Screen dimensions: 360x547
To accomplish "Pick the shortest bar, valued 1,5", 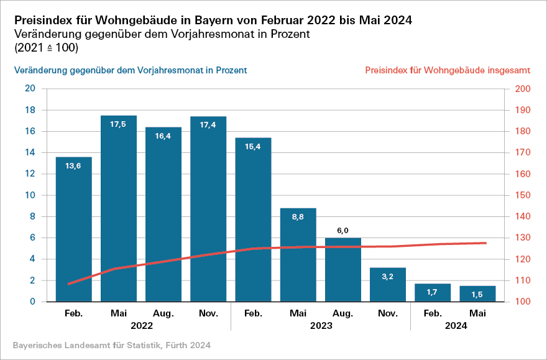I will (477, 294).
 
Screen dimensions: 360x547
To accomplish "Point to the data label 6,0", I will (342, 231).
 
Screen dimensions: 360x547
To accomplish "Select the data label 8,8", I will (298, 217).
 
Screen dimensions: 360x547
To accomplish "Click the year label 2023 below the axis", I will (320, 325).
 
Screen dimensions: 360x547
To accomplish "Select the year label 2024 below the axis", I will (456, 325).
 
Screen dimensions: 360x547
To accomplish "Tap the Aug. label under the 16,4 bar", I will (163, 313).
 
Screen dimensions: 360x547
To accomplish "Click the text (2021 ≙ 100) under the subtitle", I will (46, 47).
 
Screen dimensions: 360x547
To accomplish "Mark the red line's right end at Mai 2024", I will (485, 242).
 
